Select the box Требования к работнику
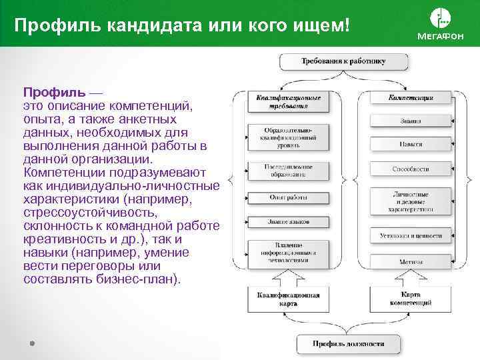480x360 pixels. point(343,61)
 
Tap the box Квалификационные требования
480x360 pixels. point(288,101)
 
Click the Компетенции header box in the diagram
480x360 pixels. point(411,98)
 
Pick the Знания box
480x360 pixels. point(411,122)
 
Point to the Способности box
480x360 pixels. point(411,169)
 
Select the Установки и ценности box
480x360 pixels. point(411,235)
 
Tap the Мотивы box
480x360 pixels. point(411,262)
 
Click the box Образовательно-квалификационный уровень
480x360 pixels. point(288,136)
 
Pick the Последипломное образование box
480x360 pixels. point(288,171)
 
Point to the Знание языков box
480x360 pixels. point(288,221)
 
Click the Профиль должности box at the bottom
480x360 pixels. point(348,344)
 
